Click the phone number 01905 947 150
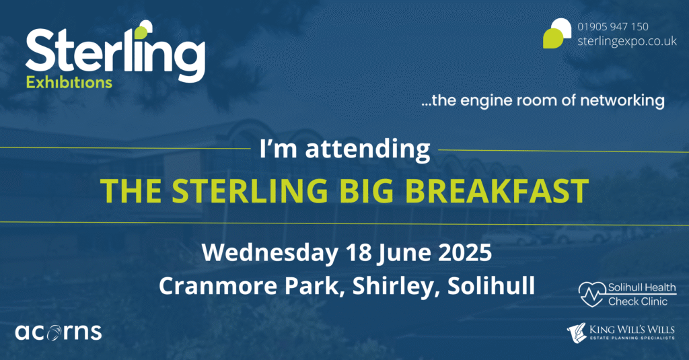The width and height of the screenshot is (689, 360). tap(612, 27)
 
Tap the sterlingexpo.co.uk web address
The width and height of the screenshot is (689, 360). tap(627, 41)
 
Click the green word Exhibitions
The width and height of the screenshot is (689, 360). tap(69, 83)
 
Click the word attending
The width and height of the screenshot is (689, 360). tap(367, 149)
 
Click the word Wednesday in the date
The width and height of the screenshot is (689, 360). tap(269, 253)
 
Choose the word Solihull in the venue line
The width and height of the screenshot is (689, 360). tap(491, 286)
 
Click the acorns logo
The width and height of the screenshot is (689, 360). tap(59, 332)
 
